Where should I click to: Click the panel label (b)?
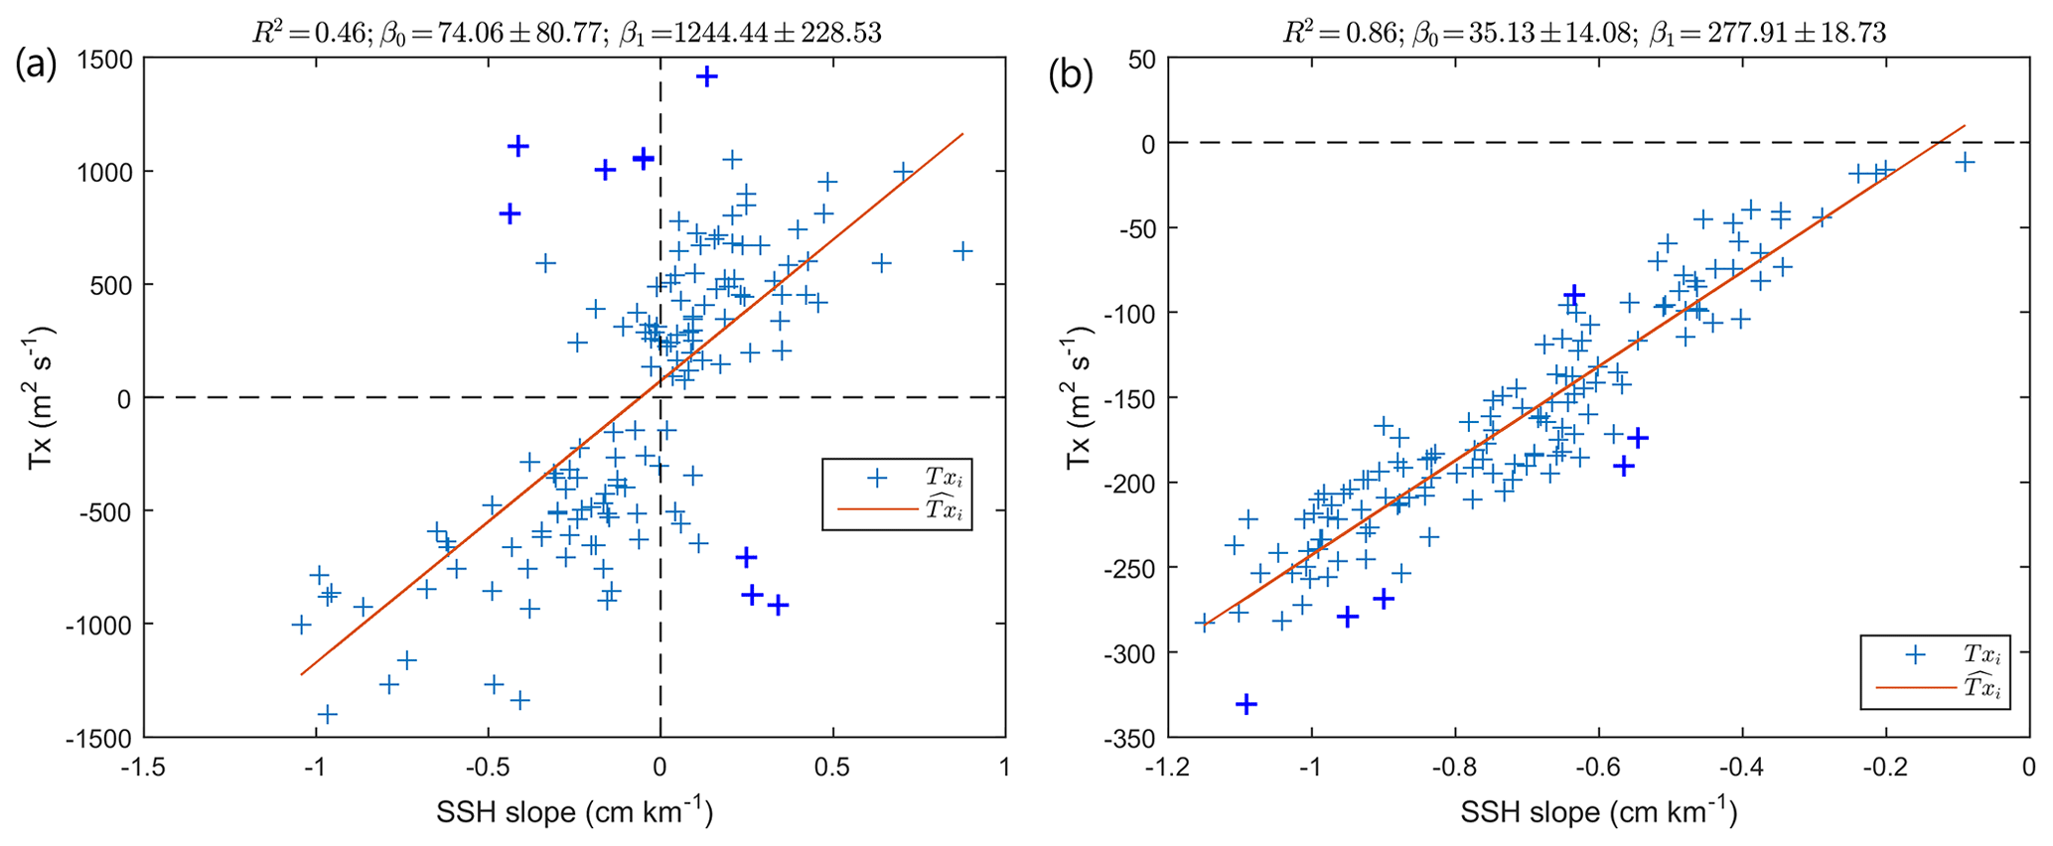1071,75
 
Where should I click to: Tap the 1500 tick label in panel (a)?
104,59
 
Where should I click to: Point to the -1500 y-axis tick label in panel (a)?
99,738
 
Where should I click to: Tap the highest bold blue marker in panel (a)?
707,76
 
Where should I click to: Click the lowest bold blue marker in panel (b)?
1246,704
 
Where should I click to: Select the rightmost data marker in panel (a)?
961,251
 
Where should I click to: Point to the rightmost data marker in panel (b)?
1964,162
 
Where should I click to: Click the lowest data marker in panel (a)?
327,714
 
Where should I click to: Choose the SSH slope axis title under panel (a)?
574,812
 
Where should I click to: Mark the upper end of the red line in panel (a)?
962,134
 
